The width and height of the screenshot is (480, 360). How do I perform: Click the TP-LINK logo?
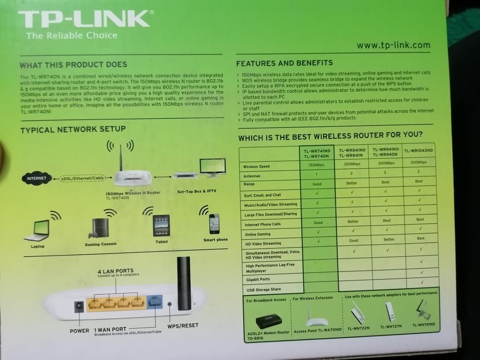point(85,20)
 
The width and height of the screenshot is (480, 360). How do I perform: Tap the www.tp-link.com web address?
point(393,45)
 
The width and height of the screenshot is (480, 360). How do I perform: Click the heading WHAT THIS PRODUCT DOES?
point(73,65)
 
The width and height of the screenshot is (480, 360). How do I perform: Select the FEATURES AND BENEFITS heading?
point(284,63)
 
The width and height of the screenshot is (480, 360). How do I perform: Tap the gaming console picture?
point(100,228)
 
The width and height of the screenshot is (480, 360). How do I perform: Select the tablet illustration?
point(161,225)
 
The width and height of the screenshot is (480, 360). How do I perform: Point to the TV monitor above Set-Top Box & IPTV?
point(212,167)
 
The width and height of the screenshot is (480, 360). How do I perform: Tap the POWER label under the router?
point(79,331)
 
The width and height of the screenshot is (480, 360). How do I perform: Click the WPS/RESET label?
point(183,326)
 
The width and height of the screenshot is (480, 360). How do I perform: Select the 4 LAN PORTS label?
point(115,271)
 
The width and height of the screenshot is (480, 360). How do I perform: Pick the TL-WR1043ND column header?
point(419,151)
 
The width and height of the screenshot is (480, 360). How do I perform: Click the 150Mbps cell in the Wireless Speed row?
point(316,165)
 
